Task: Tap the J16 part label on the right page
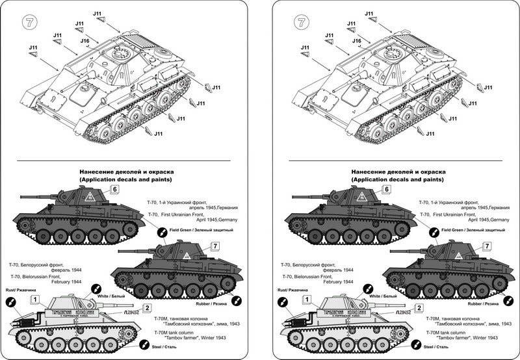356,41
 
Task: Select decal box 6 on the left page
114,189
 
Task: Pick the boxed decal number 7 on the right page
487,246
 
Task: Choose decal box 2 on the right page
420,308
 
